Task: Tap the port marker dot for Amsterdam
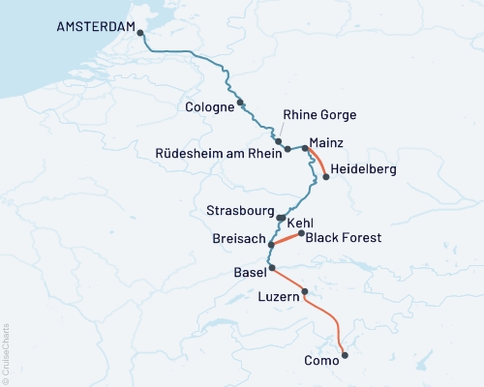141,33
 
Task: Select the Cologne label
208,107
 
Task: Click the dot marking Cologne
240,103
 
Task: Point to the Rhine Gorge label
319,115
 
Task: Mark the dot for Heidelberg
325,177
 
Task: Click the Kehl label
301,223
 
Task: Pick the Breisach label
237,238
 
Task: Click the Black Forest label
344,237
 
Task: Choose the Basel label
250,273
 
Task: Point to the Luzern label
282,301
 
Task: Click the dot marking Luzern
305,291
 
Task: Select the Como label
321,360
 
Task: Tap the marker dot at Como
345,354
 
